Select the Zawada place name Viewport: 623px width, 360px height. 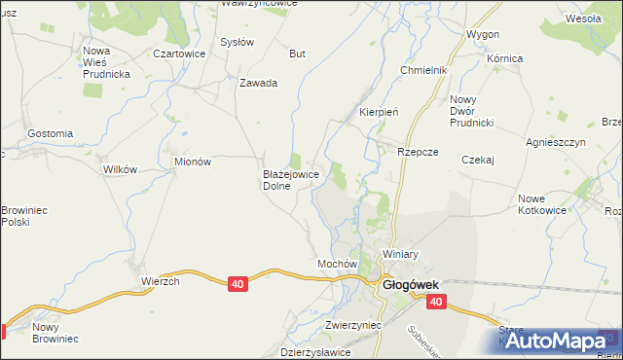(x=259, y=83)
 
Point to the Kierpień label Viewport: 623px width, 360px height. (x=380, y=112)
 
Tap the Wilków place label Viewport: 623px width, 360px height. (x=120, y=168)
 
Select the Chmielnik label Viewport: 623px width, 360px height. (x=423, y=71)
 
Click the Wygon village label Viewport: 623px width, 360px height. (x=483, y=34)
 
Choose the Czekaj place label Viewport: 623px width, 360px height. (x=479, y=160)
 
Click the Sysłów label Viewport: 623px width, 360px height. (x=237, y=43)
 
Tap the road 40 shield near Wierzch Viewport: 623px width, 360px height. (x=238, y=283)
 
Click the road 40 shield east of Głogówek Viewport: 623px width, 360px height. (x=435, y=303)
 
